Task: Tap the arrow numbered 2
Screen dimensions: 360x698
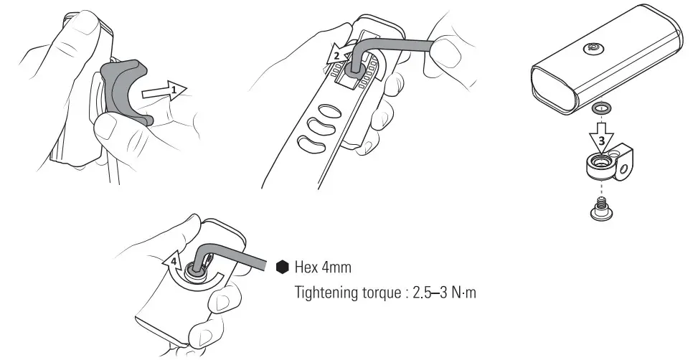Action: [338, 57]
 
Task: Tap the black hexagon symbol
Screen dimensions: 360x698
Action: [281, 267]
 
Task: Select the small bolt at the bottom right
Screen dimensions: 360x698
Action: [600, 208]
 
